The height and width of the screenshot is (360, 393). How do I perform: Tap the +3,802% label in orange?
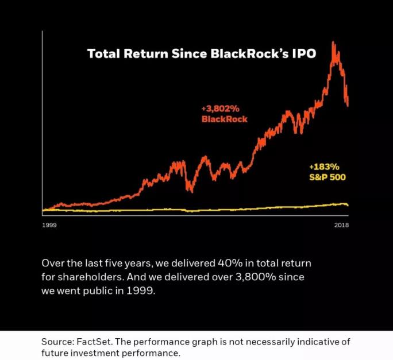pyautogui.click(x=221, y=109)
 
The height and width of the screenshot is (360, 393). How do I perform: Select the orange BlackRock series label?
pyautogui.click(x=225, y=119)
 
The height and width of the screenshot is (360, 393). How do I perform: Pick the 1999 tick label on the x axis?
pyautogui.click(x=50, y=224)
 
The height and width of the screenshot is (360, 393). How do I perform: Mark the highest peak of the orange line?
pyautogui.click(x=333, y=42)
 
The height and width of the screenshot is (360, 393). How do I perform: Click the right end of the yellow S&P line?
pyautogui.click(x=348, y=205)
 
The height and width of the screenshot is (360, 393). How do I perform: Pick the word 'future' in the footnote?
pyautogui.click(x=55, y=353)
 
